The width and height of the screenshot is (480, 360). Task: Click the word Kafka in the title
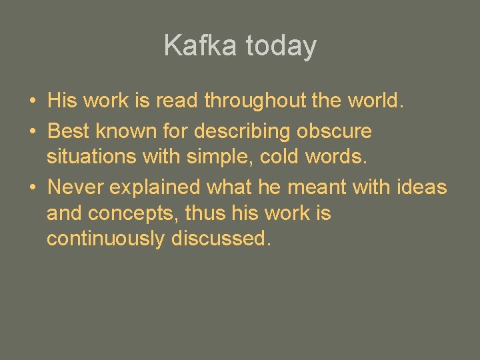[x=201, y=46]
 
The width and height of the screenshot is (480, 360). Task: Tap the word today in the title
[x=281, y=46]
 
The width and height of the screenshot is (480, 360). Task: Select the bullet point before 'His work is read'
[x=32, y=101]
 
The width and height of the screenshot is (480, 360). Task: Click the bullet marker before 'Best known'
[x=32, y=131]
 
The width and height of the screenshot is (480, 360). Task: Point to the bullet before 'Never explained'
[x=32, y=188]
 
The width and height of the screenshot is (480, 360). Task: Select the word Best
[x=68, y=131]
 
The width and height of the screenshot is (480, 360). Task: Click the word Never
[x=76, y=188]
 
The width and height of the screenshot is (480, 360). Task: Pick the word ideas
[x=421, y=188]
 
